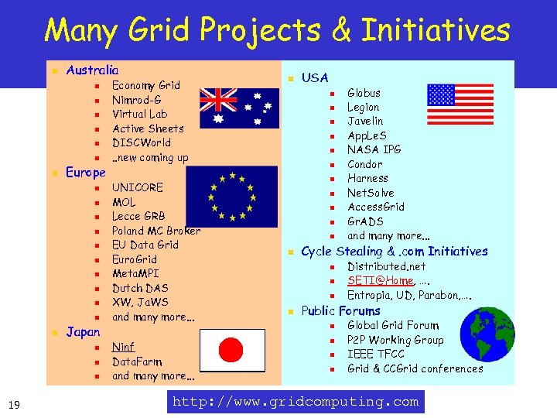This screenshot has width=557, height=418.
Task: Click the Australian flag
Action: (x=237, y=108)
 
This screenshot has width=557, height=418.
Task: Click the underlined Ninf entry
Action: (x=123, y=347)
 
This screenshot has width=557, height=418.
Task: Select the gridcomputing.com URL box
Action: (x=296, y=402)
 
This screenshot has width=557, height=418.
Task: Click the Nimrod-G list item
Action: (x=137, y=100)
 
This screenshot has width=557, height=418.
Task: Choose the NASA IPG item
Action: (x=374, y=149)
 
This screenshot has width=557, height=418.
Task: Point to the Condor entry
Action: (x=364, y=164)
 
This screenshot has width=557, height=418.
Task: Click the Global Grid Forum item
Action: (x=393, y=325)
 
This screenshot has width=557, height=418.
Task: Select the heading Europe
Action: (x=86, y=172)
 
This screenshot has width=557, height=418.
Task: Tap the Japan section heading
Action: (x=84, y=331)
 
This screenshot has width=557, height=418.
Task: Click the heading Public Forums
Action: (x=340, y=310)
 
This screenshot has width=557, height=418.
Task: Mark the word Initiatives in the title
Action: (x=433, y=31)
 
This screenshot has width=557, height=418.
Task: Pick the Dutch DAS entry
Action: (x=140, y=288)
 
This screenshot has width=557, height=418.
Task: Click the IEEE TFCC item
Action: (x=376, y=354)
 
